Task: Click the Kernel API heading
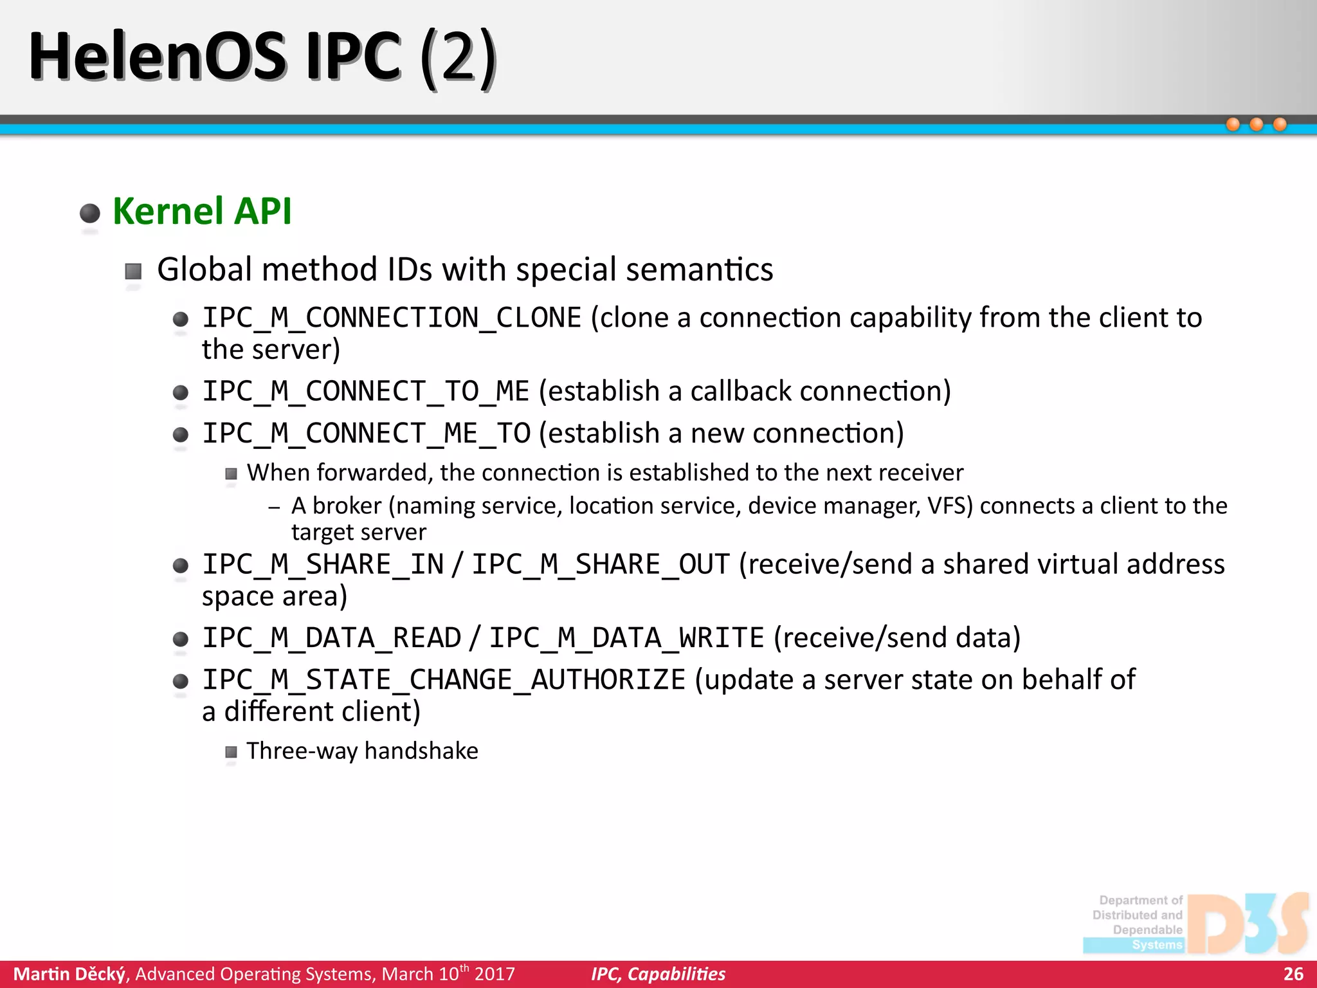pyautogui.click(x=202, y=211)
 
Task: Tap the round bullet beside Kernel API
pyautogui.click(x=90, y=213)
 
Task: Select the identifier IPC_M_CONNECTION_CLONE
pyautogui.click(x=392, y=318)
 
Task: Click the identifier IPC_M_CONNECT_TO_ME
pyautogui.click(x=366, y=391)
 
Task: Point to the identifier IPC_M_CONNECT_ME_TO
pyautogui.click(x=367, y=434)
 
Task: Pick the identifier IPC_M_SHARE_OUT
pyautogui.click(x=601, y=565)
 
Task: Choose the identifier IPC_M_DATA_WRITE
pyautogui.click(x=626, y=638)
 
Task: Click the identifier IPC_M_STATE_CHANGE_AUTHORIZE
pyautogui.click(x=444, y=680)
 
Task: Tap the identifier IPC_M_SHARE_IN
pyautogui.click(x=323, y=565)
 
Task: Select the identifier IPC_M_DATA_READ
pyautogui.click(x=332, y=638)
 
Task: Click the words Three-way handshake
pyautogui.click(x=362, y=751)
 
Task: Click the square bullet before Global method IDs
pyautogui.click(x=133, y=271)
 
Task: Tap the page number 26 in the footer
pyautogui.click(x=1293, y=974)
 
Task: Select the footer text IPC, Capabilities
pyautogui.click(x=658, y=974)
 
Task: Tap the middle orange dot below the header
pyautogui.click(x=1256, y=125)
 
